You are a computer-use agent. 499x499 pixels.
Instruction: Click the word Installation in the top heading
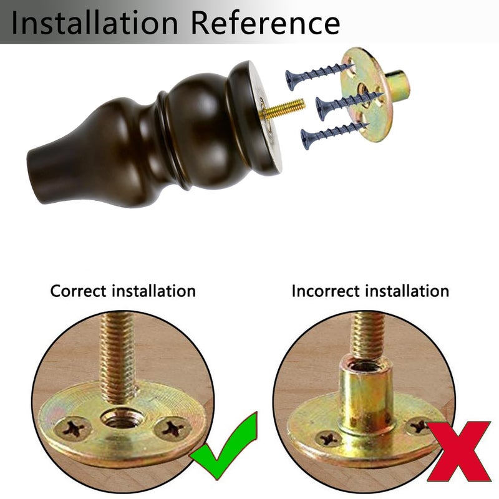94,22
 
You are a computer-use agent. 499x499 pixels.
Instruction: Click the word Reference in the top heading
266,22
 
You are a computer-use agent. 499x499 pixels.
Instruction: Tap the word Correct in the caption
78,291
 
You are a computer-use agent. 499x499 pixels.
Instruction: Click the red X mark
458,451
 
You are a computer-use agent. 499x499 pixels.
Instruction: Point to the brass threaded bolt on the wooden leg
283,109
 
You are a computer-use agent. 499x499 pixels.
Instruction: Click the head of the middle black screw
321,109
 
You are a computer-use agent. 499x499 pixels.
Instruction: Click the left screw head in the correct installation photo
73,429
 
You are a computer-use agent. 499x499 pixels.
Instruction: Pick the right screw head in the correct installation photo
173,428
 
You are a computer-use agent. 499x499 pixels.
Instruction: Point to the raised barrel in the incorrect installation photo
365,395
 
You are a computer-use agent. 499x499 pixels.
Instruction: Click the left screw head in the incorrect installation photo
328,438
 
